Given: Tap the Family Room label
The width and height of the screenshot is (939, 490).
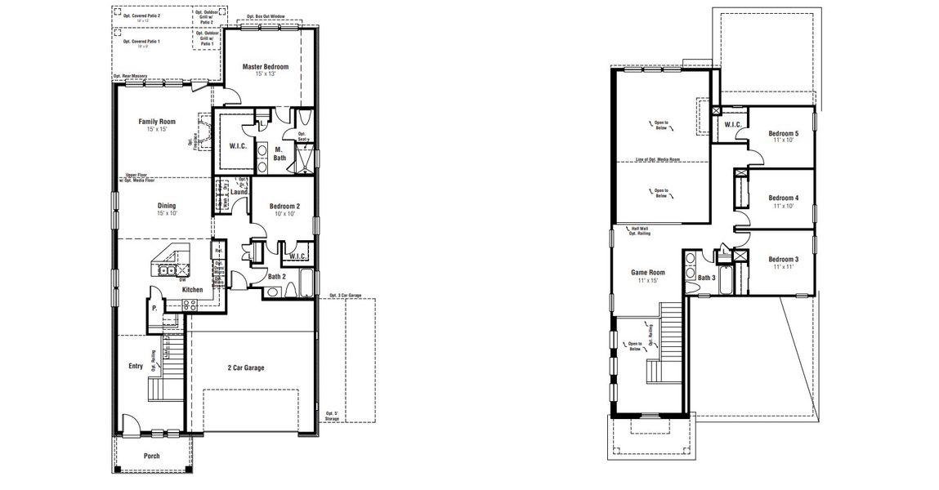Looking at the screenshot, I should point(157,122).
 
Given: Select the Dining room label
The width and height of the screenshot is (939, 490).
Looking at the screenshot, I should point(167,206).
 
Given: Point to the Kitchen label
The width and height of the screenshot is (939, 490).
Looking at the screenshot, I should point(192,290).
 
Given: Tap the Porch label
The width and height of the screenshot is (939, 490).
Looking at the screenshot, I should point(152,456).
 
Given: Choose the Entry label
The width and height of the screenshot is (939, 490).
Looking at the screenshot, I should point(135,367).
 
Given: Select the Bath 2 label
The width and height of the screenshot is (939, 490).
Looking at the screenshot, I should point(277,276).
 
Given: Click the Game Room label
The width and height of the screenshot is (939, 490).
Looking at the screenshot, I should point(647,273).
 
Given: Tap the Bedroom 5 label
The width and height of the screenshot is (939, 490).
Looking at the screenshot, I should point(784,133).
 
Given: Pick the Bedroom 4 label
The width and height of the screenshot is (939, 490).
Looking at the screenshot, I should point(784,198).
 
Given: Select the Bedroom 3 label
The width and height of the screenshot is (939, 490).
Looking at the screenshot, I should point(784,260).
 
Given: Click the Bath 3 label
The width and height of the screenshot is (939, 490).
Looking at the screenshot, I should point(706,278).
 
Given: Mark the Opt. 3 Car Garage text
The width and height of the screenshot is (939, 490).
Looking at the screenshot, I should point(346,295).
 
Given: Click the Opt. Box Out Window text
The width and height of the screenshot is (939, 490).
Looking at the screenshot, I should point(266,16).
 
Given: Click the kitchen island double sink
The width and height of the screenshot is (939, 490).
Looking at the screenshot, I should point(168,269).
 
